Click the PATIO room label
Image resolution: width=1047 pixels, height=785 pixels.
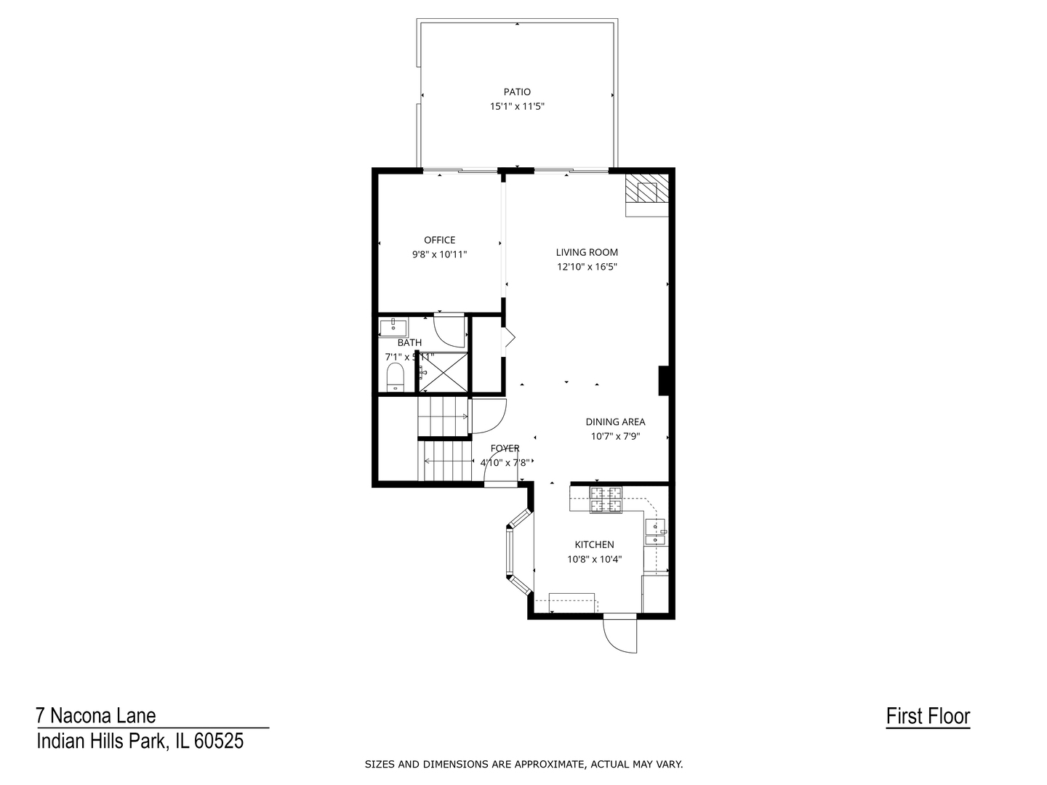point(517,92)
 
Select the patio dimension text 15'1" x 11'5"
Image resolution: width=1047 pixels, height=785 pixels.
point(517,106)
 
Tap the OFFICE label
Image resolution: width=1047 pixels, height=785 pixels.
point(439,240)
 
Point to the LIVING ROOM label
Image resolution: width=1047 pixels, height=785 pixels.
point(587,252)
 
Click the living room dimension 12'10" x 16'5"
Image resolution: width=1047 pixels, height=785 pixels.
point(587,267)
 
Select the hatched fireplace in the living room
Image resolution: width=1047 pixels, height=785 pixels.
point(646,190)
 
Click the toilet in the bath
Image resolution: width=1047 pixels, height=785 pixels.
point(395,377)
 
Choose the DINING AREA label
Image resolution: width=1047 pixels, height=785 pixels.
point(615,422)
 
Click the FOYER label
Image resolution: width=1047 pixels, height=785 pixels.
point(505,448)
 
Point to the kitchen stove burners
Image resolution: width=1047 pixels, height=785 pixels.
point(606,499)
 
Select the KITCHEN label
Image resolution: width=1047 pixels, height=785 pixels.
point(594,544)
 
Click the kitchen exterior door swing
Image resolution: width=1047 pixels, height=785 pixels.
point(620,634)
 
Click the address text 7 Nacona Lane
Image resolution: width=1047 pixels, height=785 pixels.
point(96,716)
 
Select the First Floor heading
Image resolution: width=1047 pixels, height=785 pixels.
point(928,717)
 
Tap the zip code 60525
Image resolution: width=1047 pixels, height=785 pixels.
point(219,741)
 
